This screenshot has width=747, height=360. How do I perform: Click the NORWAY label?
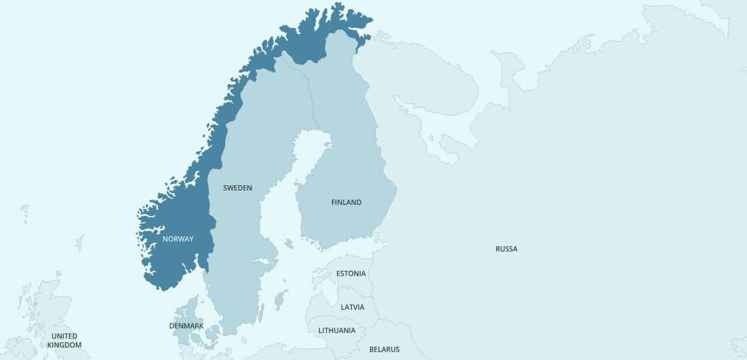178,239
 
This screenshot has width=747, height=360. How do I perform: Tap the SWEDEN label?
237,188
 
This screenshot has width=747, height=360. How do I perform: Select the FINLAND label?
346,202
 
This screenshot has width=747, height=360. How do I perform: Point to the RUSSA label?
506,249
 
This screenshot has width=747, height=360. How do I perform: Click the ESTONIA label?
351,273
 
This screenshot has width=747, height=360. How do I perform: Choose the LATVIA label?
353,307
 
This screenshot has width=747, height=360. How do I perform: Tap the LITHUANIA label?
337,331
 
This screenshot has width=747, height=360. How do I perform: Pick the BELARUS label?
384,350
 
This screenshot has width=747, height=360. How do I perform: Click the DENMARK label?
186,325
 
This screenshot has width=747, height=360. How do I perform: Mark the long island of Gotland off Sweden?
281,300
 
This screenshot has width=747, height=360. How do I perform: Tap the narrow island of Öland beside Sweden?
261,313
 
